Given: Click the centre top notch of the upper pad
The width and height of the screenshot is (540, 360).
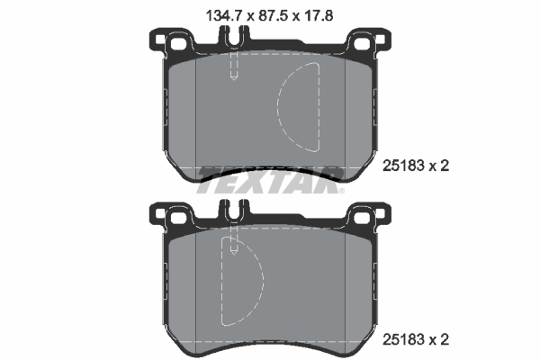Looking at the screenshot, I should [x=232, y=39].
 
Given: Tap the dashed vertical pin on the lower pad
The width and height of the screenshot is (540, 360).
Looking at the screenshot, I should [x=232, y=239].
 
